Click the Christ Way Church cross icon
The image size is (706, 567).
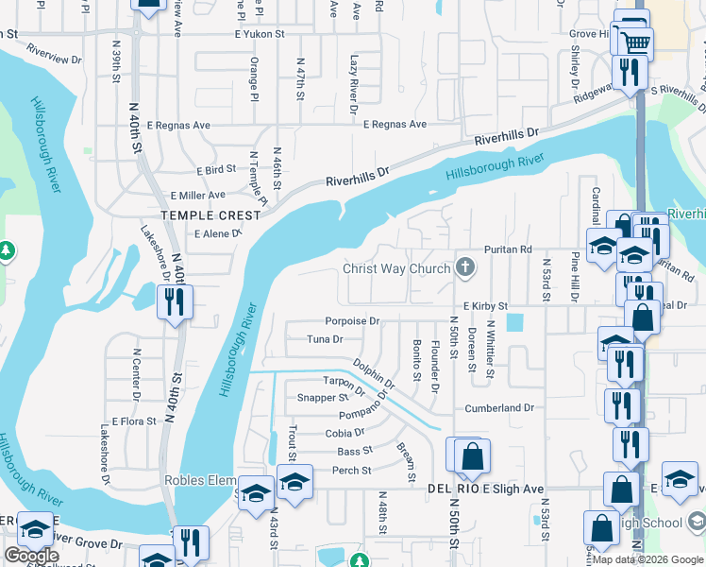[463, 268]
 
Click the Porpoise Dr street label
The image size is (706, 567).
[351, 321]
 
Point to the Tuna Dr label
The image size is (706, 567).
[325, 338]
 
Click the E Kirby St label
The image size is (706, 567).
[486, 306]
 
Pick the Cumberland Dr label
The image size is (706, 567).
[499, 408]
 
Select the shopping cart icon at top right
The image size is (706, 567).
[634, 39]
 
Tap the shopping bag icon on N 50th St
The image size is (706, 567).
[471, 457]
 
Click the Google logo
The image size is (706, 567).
[31, 557]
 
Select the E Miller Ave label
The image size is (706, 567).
[197, 195]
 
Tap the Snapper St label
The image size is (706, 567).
[323, 398]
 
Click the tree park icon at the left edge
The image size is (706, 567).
[6, 251]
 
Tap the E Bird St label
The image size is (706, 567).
[216, 170]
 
